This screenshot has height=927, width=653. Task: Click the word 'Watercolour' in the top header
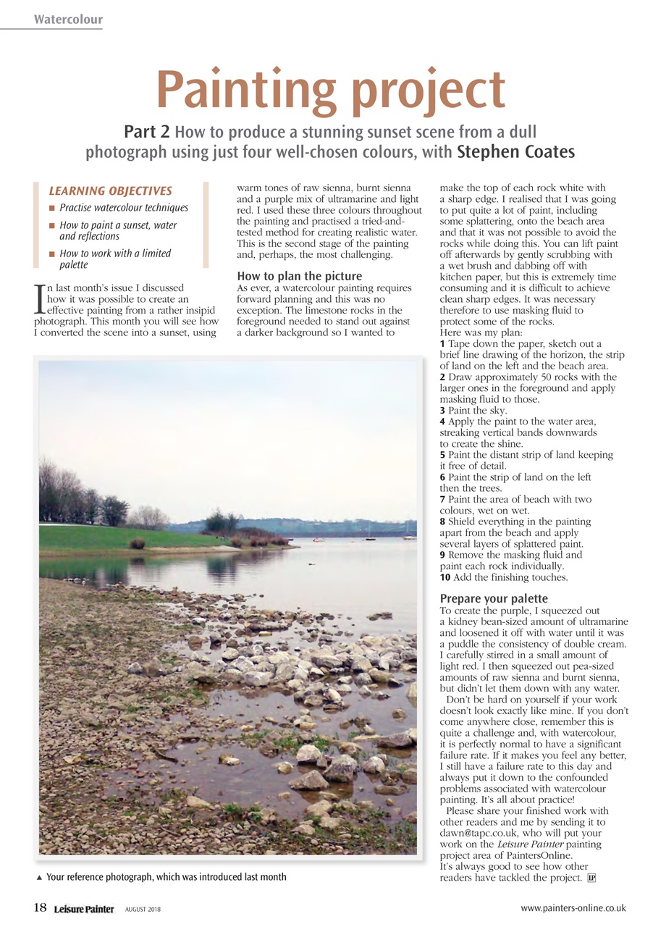[68, 20]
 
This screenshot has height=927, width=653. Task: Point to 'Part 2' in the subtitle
[147, 132]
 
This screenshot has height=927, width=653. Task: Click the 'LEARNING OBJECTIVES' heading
[110, 191]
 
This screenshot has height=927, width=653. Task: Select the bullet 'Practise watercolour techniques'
[124, 208]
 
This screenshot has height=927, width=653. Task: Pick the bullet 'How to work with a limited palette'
[115, 259]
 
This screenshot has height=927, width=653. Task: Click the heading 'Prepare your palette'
[494, 599]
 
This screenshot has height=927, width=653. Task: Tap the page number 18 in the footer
[40, 907]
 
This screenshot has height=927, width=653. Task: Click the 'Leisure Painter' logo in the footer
[84, 909]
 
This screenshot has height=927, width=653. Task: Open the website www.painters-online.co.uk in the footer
[573, 907]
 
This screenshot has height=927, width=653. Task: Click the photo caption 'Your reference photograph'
[166, 877]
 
